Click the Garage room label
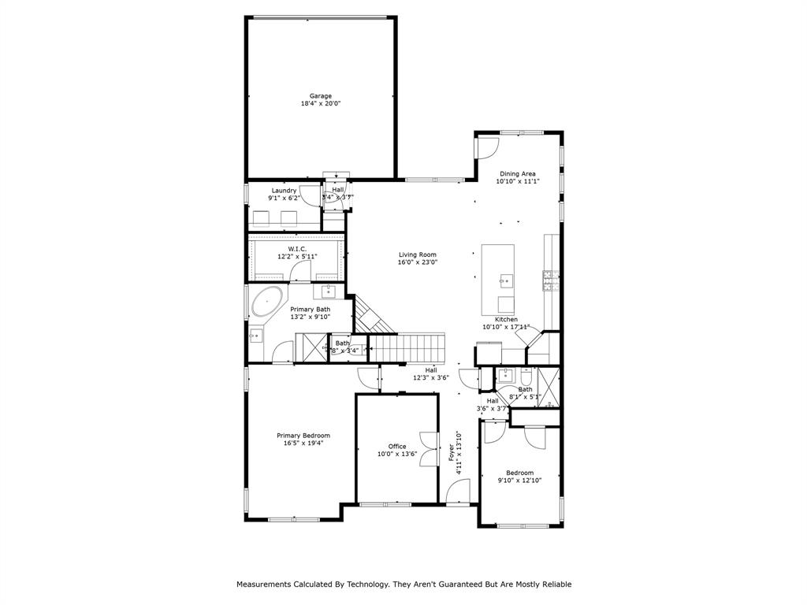point(320,96)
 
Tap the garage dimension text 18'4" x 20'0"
point(320,104)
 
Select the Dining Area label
point(518,173)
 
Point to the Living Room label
point(417,254)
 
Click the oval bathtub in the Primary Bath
point(268,302)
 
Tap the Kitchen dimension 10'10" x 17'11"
point(506,327)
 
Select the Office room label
point(397,446)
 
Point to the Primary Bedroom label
point(303,436)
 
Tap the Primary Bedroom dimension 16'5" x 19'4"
point(303,444)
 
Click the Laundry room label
point(284,191)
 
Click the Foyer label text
point(452,455)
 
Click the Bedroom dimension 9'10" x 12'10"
point(519,481)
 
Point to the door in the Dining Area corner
point(488,147)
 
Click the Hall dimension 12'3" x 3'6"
point(431,378)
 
